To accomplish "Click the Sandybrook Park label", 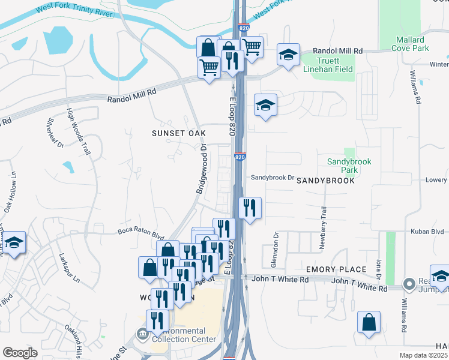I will [350, 166].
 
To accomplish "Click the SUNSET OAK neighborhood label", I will [179, 133].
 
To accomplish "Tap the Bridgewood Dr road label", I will [201, 169].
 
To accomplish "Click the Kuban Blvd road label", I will [427, 232].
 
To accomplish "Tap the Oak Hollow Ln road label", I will [10, 192].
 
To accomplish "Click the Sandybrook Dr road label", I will [274, 178].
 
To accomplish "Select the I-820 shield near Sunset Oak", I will [240, 157].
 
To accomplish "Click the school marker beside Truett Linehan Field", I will [288, 55].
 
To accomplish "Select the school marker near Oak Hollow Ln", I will [14, 242].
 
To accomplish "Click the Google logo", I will [20, 353].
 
